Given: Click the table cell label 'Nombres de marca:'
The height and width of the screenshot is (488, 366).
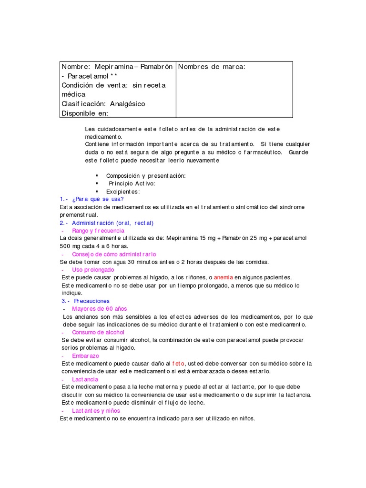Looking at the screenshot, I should coord(212,67).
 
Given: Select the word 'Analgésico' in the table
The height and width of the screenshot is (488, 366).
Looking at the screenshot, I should coord(127,104).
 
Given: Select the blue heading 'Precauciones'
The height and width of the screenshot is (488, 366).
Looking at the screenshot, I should coord(91,301).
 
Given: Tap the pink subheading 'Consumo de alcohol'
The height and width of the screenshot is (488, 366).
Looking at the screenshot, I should coord(98,332).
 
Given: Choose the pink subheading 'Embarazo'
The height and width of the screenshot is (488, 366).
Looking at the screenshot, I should coord(86,356).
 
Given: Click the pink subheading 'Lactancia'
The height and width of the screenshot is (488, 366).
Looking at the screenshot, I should coord(85,379).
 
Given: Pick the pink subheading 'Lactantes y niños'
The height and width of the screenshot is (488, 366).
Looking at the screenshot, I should coord(96,410).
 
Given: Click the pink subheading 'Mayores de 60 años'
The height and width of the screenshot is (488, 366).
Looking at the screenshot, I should coord(100,309).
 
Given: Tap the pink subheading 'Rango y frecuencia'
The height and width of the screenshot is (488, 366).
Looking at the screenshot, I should coord(98,231).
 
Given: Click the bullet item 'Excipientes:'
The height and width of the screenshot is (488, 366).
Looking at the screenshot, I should coord(123,191).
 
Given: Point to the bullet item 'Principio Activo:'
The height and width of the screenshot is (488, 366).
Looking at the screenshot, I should coord(132,183).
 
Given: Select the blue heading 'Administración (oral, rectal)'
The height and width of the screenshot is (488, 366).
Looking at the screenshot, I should coord(112,223).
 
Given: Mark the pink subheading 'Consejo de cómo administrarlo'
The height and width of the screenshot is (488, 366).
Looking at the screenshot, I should coord(114,254).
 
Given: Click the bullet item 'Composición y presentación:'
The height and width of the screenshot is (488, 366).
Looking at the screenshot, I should coord(146,176).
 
